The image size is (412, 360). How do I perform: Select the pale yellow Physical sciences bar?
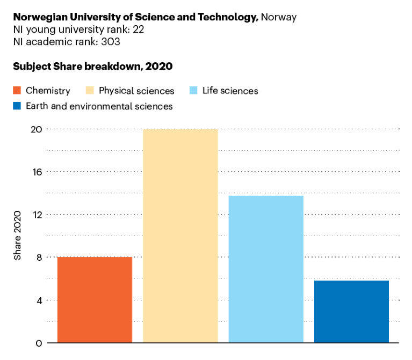[180, 236]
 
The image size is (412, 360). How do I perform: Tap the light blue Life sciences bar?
[266, 269]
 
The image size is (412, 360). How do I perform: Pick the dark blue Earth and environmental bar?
[351, 311]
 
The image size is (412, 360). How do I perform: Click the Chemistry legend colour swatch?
[17, 91]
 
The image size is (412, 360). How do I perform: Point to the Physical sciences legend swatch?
[90, 91]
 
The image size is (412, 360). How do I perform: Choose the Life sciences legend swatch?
[193, 91]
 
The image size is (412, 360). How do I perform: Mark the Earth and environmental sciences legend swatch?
[17, 106]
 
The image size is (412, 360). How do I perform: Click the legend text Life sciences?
[230, 91]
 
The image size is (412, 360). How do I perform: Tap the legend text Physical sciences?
[136, 91]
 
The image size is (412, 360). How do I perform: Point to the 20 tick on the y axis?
[36, 129]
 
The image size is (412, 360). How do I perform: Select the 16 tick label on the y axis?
[36, 172]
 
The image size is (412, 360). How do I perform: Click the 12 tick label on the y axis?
[36, 215]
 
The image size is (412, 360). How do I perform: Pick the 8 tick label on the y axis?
[39, 257]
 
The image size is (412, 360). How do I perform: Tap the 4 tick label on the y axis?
[39, 300]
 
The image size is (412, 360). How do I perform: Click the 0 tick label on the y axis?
[39, 343]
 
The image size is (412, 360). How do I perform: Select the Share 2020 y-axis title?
[18, 236]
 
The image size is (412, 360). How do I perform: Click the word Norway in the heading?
[278, 17]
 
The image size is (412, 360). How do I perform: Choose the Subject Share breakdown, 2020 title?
[92, 67]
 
